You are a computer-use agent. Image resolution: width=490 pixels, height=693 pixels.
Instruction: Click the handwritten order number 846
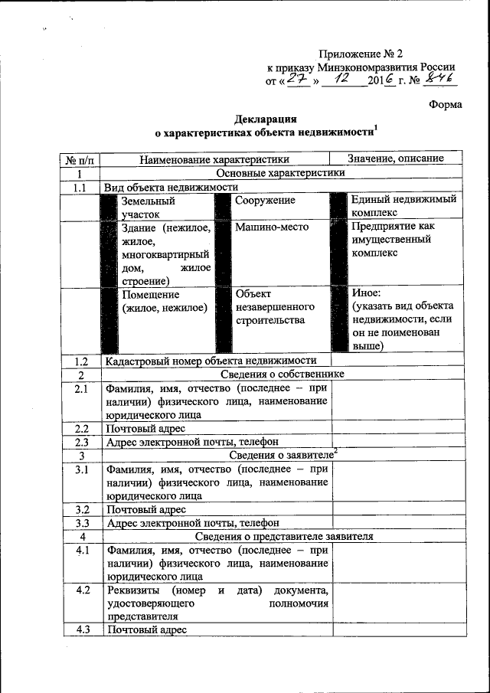click(x=439, y=80)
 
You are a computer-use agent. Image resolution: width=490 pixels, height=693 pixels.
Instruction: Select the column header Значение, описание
click(x=395, y=159)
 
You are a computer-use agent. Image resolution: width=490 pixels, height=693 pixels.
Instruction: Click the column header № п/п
click(x=80, y=159)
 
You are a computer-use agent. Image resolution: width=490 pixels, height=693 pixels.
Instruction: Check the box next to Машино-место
click(x=224, y=253)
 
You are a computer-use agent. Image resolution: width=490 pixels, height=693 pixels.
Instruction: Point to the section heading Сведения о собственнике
click(x=282, y=374)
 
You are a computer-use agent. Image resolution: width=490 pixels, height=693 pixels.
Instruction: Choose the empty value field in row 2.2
click(x=397, y=428)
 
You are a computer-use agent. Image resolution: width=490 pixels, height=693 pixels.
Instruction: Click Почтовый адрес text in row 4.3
click(x=146, y=630)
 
